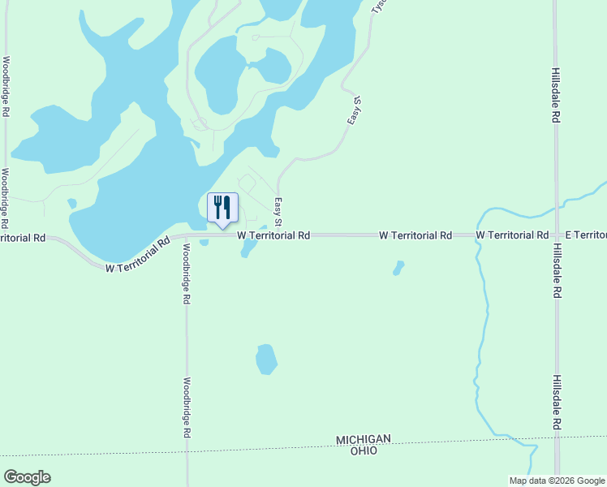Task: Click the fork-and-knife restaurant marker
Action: pos(222,208)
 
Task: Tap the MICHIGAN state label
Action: pos(364,439)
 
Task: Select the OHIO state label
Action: pos(364,450)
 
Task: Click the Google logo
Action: pos(27,477)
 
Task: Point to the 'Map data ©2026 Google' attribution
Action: pos(557,481)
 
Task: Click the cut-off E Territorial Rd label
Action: pos(586,235)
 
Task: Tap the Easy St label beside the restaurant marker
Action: pos(278,212)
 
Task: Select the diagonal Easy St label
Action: pos(354,110)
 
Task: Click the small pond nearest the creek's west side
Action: pos(398,267)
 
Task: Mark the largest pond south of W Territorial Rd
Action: pos(266,359)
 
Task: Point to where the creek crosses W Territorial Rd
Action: pos(478,235)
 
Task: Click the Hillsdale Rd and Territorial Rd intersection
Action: pos(556,235)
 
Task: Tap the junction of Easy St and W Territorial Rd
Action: pos(278,235)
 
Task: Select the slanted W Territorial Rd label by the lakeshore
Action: pos(138,254)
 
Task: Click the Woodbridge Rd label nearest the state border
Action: pos(186,407)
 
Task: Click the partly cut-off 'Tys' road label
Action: pos(377,6)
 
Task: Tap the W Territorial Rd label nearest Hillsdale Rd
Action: pos(511,235)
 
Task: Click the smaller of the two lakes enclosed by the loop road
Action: pos(273,66)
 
